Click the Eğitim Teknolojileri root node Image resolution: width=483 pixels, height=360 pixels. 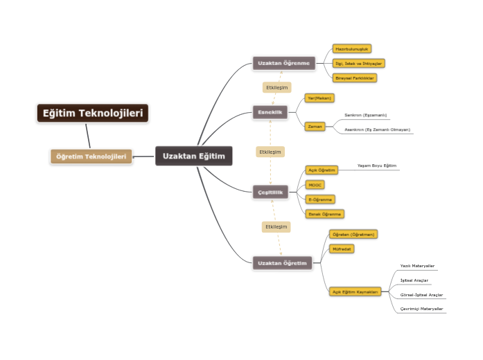93,113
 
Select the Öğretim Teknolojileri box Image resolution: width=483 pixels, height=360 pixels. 91,156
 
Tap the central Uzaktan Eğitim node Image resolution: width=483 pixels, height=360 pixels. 194,156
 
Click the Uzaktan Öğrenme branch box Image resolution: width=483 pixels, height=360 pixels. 283,63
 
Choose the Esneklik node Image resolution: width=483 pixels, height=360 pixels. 270,111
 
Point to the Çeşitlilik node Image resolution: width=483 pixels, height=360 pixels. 270,192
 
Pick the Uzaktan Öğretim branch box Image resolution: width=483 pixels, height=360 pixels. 282,263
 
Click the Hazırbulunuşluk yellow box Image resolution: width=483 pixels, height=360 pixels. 352,49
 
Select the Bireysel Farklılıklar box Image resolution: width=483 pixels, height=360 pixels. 355,78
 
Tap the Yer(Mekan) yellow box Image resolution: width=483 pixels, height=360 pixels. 319,98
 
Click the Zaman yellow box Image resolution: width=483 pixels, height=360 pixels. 315,127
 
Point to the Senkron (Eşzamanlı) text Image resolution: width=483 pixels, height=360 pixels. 365,115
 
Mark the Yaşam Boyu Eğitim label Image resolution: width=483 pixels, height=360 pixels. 376,166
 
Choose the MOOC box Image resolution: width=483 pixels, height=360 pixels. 315,185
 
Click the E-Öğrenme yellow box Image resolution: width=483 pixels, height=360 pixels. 320,199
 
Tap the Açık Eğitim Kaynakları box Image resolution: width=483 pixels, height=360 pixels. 355,292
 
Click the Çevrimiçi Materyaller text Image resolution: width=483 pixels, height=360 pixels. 421,309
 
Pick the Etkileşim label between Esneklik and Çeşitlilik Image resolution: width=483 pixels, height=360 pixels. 270,152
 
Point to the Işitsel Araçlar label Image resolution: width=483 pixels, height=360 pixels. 414,280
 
